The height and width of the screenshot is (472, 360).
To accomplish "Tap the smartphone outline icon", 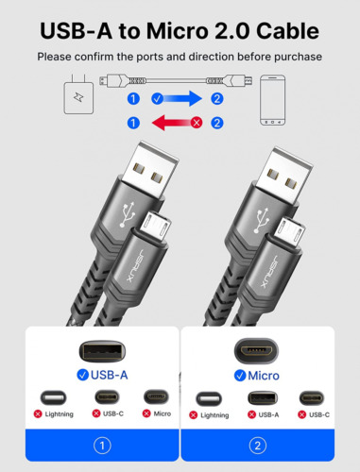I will (x=274, y=99).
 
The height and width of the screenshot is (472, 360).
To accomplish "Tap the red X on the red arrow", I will (x=197, y=122).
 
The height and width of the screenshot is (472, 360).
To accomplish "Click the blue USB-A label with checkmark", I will (x=102, y=375).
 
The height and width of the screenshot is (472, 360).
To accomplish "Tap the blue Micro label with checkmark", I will (x=255, y=375).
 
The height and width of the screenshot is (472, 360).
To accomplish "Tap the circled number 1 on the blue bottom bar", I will (x=102, y=446).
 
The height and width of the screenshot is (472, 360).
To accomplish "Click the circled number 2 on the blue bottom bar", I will (x=257, y=446).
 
